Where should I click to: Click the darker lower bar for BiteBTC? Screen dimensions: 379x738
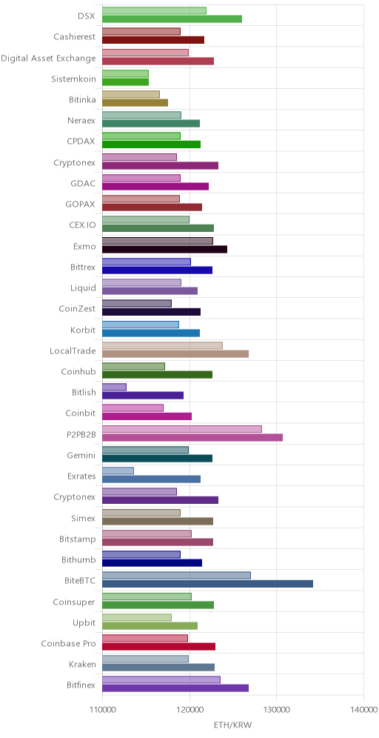tap(207, 584)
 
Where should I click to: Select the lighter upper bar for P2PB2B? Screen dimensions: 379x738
tap(182, 429)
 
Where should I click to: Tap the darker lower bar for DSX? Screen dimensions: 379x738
tap(172, 19)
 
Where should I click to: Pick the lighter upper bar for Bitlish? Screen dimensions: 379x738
tap(114, 387)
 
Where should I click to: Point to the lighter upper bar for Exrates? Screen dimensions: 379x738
tap(118, 471)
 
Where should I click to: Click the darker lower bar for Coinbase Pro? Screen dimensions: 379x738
tap(158, 647)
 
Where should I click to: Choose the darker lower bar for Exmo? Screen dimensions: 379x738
tap(164, 249)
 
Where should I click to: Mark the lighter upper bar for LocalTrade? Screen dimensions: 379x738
tap(162, 345)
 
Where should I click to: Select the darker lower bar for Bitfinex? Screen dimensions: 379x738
tap(175, 688)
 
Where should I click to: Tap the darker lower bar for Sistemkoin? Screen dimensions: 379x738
tap(126, 82)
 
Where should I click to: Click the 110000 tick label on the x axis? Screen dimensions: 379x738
tap(102, 710)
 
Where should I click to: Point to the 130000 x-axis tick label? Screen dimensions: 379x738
tap(277, 710)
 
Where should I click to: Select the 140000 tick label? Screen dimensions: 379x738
tap(363, 710)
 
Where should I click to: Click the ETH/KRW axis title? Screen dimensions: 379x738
tap(232, 725)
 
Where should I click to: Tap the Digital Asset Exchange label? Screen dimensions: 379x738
tap(48, 59)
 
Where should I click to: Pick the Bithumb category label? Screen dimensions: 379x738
tap(78, 560)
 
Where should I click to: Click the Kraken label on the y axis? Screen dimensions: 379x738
tap(82, 665)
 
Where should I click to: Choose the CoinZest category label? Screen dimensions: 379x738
tap(78, 309)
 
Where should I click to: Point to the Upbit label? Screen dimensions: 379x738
tap(84, 623)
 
